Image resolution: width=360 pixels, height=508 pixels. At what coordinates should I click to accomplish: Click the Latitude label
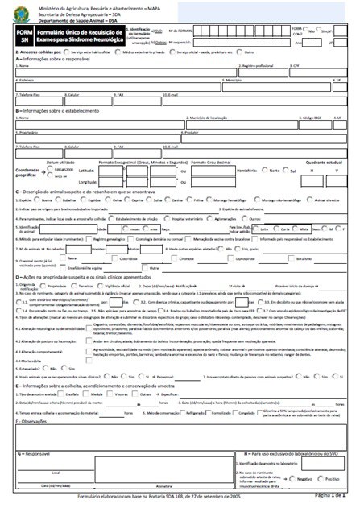86,171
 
